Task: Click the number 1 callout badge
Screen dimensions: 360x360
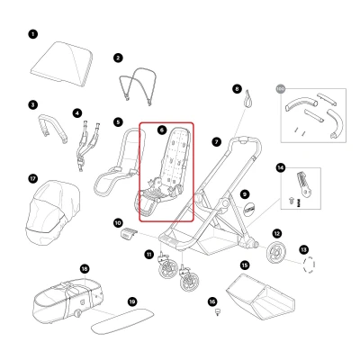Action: pos(33,34)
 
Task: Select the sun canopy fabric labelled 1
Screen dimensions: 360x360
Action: pos(62,64)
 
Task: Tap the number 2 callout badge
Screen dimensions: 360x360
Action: pos(118,58)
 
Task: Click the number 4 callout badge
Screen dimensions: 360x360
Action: pos(77,113)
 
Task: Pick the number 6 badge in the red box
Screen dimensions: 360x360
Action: pos(162,130)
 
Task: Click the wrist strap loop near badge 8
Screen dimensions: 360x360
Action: pos(248,99)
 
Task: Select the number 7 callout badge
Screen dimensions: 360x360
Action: pos(217,141)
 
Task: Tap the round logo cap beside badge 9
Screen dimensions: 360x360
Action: pos(249,209)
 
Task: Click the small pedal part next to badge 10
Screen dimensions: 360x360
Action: pos(129,233)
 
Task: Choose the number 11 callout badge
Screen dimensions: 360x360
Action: pos(149,255)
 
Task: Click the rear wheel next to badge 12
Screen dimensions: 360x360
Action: pos(275,254)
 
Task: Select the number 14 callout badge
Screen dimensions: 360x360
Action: pos(281,167)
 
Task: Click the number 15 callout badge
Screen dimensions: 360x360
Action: pos(245,265)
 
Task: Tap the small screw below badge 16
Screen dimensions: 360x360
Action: pos(218,312)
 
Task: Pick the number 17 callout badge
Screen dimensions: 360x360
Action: pos(33,178)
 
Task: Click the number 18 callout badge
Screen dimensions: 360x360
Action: pos(85,268)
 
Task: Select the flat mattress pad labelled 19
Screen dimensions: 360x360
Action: pos(122,320)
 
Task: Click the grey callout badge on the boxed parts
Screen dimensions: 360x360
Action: pos(280,89)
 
